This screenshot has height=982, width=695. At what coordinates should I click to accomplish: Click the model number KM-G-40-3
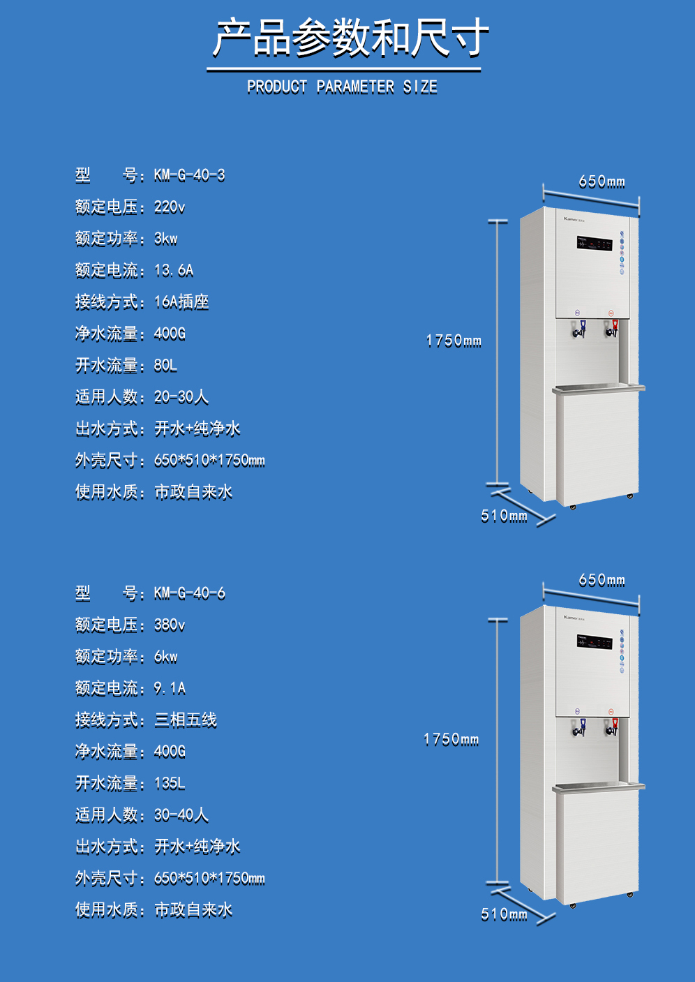click(189, 175)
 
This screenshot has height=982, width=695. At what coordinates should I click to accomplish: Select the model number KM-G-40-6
click(189, 593)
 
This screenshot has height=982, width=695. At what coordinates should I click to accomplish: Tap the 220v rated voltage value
click(170, 207)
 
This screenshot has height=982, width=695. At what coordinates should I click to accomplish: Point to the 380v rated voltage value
click(170, 625)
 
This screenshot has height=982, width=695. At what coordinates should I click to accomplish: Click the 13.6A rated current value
click(174, 271)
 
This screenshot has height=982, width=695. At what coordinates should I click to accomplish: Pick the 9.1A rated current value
click(170, 688)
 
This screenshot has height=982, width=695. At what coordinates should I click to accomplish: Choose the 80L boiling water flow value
click(165, 365)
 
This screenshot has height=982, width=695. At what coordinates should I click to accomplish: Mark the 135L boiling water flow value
click(170, 783)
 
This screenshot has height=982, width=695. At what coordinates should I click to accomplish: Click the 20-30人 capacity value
click(181, 397)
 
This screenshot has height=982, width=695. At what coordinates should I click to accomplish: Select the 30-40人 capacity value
click(181, 815)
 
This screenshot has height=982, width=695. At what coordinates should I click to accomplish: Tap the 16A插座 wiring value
click(181, 302)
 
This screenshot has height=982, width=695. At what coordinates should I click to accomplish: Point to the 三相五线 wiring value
click(186, 720)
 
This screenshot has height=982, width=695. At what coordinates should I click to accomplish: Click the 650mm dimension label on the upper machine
click(601, 181)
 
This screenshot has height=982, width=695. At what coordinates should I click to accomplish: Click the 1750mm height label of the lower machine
click(451, 740)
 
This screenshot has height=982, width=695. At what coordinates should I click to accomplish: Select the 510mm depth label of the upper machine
click(504, 516)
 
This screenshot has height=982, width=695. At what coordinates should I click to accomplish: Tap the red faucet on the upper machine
click(612, 329)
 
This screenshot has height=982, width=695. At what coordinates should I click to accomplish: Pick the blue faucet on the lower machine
click(579, 727)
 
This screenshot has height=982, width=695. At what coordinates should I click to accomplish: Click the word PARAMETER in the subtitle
click(355, 87)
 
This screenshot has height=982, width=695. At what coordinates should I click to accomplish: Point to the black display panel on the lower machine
click(595, 642)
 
